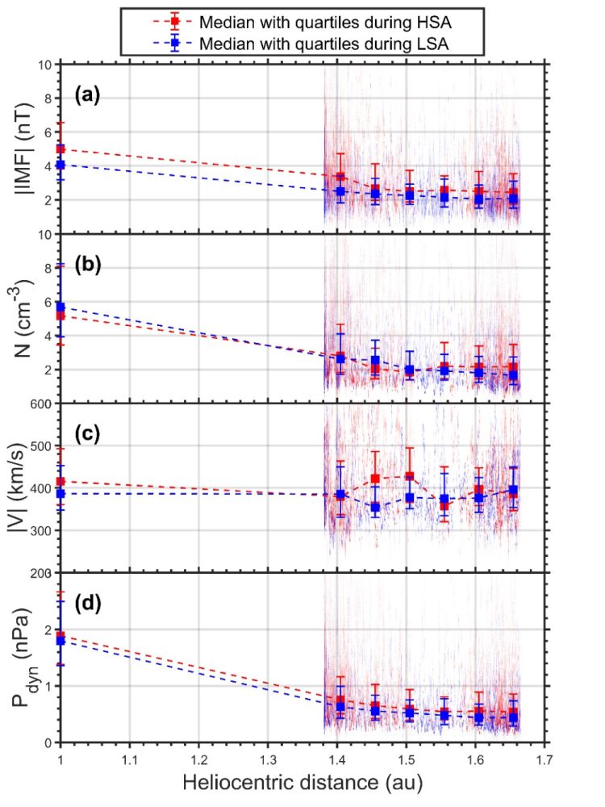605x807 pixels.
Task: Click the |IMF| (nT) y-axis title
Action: click(23, 149)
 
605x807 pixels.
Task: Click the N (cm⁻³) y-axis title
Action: click(23, 319)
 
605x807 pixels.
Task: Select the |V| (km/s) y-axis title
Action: click(23, 488)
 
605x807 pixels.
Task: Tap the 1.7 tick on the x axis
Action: click(545, 759)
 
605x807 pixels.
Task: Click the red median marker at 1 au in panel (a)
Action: click(60, 149)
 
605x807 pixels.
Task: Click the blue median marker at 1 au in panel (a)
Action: click(60, 165)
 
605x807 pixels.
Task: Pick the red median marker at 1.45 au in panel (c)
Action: click(374, 479)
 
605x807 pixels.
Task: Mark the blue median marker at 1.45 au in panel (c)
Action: click(374, 508)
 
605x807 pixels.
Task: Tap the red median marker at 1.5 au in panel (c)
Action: click(409, 476)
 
